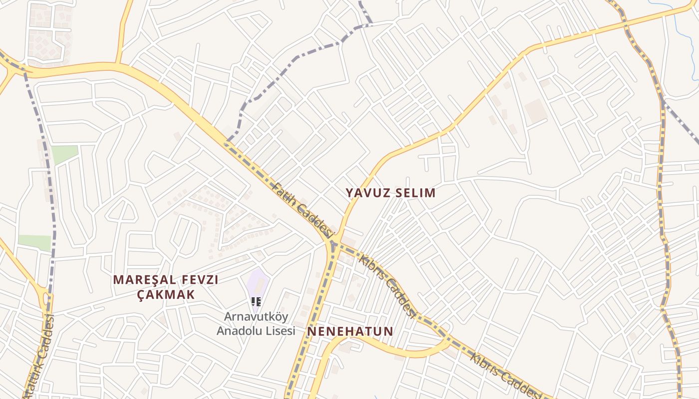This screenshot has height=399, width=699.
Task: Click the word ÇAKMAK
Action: coord(166,295)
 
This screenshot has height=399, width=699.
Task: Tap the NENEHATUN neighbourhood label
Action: coord(350,331)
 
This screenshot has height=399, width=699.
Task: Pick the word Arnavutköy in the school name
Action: coord(256,317)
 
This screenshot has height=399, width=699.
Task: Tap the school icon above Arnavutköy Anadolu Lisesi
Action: coord(256,301)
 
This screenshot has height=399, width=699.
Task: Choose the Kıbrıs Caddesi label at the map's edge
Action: coord(504,376)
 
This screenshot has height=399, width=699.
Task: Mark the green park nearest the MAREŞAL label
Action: coord(35,242)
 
